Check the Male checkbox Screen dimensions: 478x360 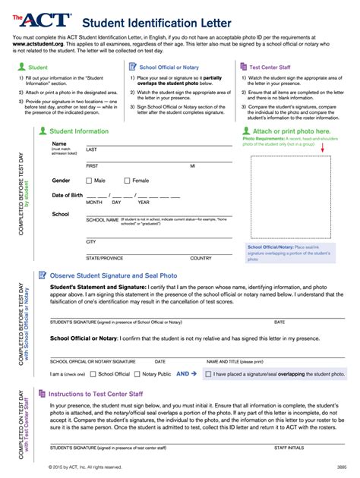pyautogui.click(x=90, y=181)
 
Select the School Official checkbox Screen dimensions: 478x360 pyautogui.click(x=92, y=374)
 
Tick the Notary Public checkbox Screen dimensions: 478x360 pyautogui.click(x=137, y=374)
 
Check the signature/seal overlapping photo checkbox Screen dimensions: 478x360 pyautogui.click(x=207, y=374)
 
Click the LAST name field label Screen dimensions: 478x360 pyautogui.click(x=91, y=149)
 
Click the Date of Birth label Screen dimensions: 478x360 pyautogui.click(x=68, y=196)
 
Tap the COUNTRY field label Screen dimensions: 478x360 pyautogui.click(x=201, y=258)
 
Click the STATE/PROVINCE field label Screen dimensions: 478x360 pyautogui.click(x=104, y=258)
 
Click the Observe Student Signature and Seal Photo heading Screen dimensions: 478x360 pyautogui.click(x=113, y=275)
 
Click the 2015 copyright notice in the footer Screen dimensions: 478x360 pyautogui.click(x=84, y=467)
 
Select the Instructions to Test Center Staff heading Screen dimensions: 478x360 pyautogui.click(x=106, y=395)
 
